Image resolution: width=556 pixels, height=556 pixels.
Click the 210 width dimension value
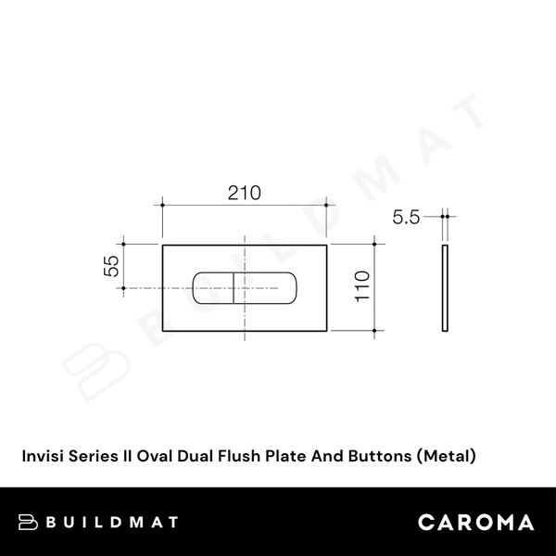tap(244, 193)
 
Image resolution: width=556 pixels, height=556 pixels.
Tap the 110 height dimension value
tap(361, 287)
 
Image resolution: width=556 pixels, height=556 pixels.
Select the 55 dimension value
tap(111, 267)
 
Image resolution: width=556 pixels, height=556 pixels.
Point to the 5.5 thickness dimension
tap(406, 218)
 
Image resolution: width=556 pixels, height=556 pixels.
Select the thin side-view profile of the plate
tap(446, 287)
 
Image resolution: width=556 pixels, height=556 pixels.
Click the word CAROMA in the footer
tap(475, 522)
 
